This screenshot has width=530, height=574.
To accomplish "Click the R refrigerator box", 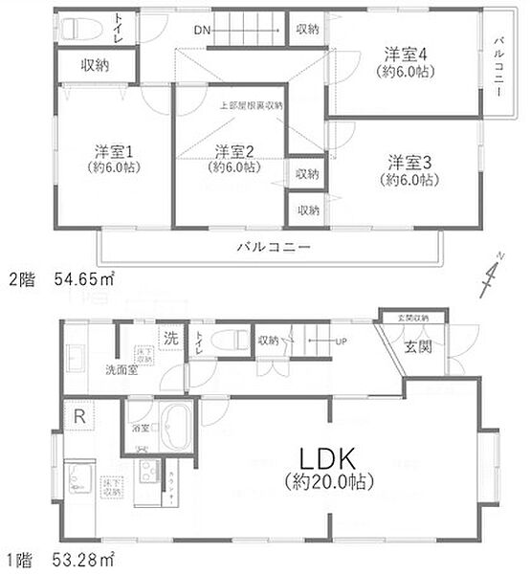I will pyautogui.click(x=78, y=416).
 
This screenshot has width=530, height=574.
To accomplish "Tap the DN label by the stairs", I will pyautogui.click(x=201, y=31).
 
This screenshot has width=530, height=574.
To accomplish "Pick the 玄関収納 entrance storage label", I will pyautogui.click(x=409, y=318).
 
